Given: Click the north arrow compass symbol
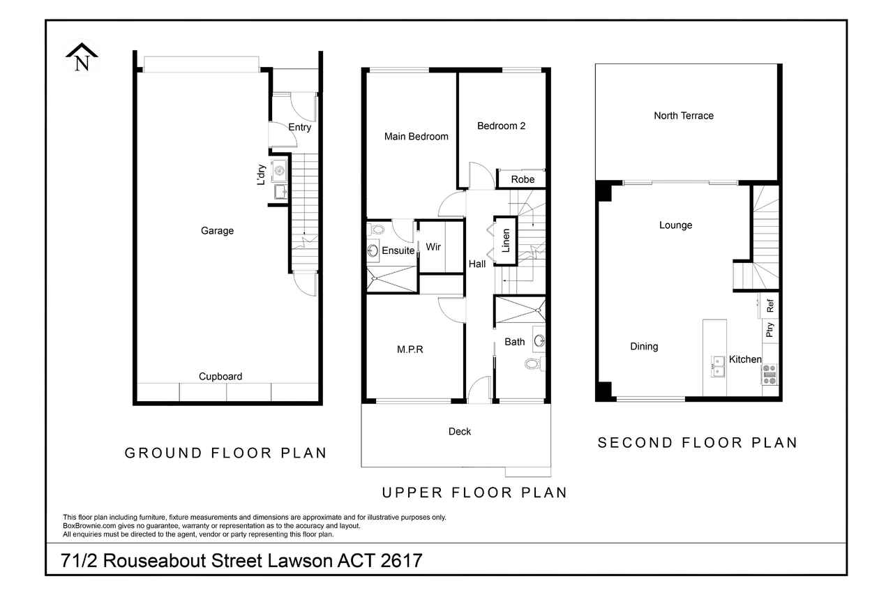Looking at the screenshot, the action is [82, 57].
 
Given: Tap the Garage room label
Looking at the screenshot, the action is [217, 231].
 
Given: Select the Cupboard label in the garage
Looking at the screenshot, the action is [220, 377].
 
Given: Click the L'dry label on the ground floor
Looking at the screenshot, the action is [261, 174].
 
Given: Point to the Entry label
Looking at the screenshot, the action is [300, 128].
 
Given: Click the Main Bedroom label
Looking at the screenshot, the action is [417, 137].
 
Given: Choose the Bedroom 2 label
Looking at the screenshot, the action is [501, 126].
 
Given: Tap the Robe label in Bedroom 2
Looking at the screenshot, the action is [523, 180].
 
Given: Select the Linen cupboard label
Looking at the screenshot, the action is [506, 241].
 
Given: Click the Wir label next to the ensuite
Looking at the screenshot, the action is [433, 247].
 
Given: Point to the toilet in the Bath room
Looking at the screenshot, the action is [533, 363].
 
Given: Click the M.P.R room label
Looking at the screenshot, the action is [410, 349].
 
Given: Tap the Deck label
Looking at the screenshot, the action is [460, 432].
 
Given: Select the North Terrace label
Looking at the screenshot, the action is [684, 116].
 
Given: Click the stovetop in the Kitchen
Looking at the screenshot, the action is [770, 374].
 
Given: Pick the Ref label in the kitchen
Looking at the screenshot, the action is [770, 306].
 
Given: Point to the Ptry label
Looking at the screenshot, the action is [770, 329].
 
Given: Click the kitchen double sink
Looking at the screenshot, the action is [718, 366].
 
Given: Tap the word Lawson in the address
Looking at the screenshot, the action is [300, 561].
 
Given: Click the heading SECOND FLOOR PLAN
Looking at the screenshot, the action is [698, 443].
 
